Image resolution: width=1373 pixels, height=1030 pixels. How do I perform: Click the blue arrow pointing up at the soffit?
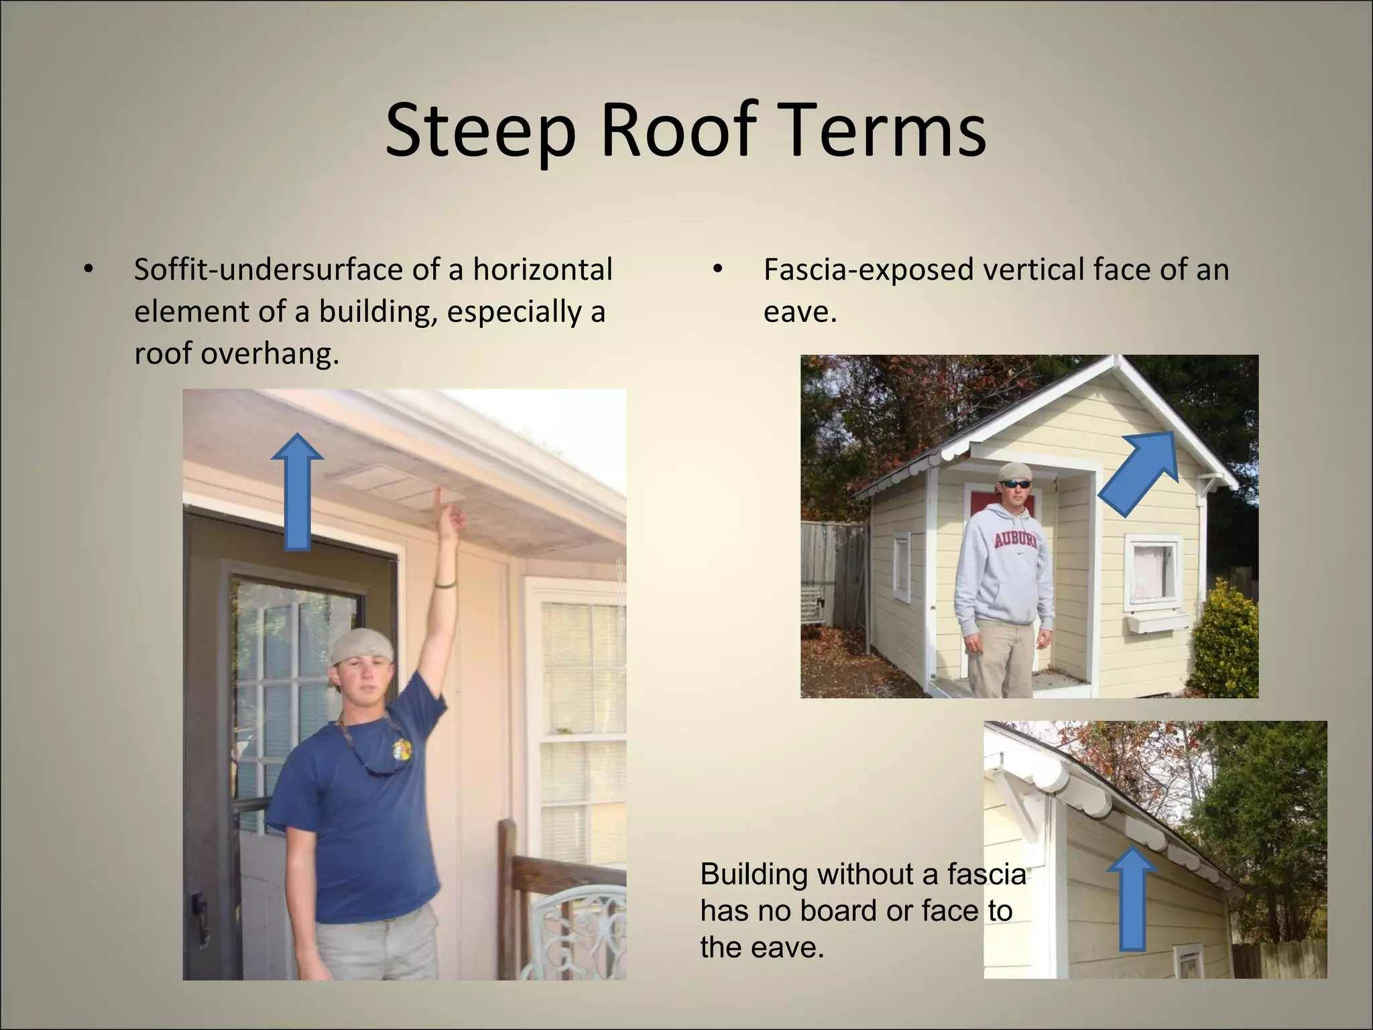[297, 492]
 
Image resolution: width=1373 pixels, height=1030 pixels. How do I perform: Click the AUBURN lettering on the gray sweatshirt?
[1014, 540]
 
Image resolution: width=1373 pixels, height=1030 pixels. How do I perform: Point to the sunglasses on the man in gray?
[1017, 483]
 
